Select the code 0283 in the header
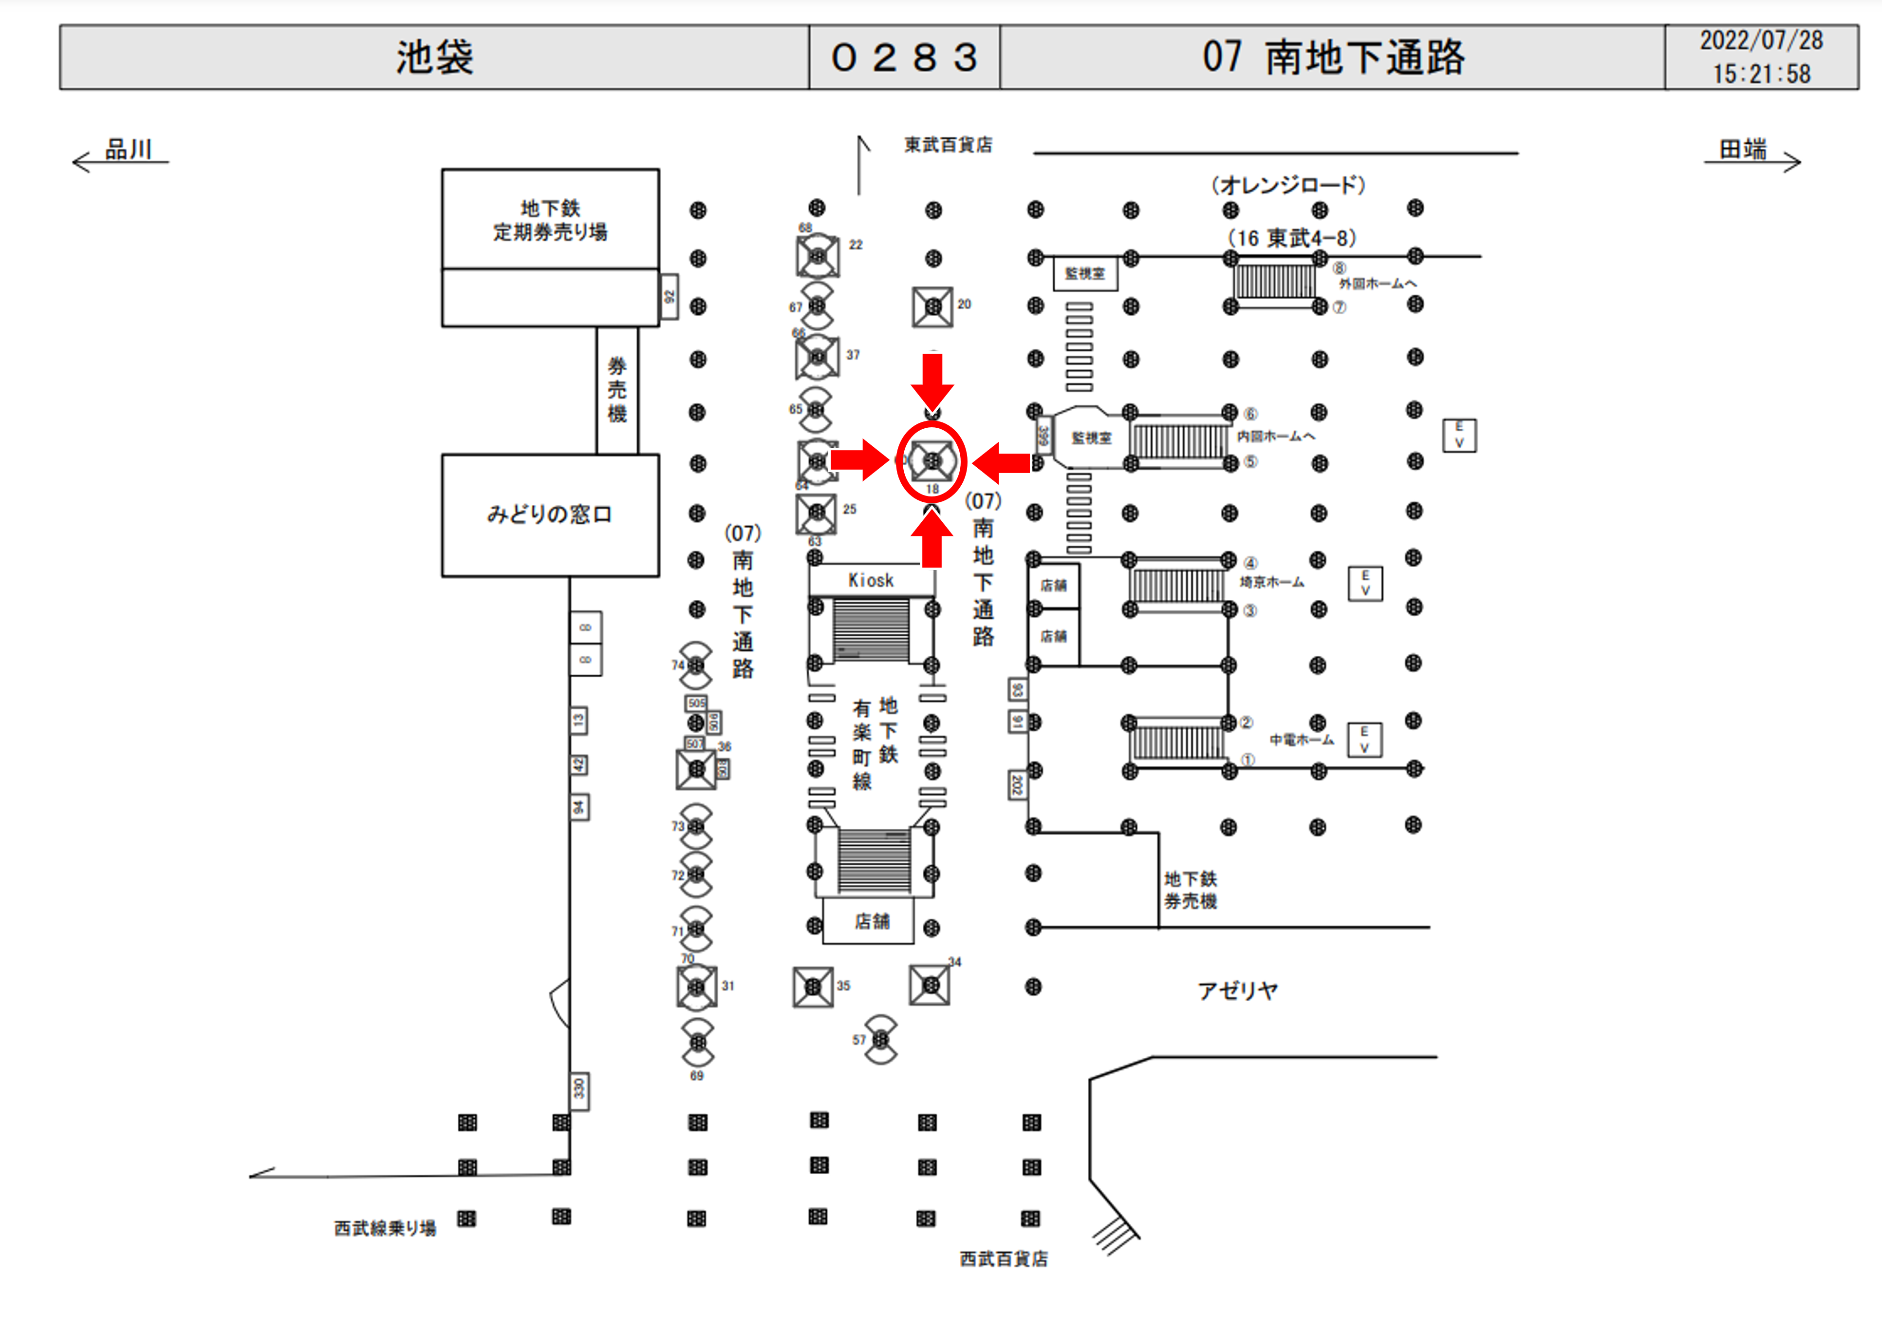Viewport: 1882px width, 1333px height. pyautogui.click(x=904, y=57)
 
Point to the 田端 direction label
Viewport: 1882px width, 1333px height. pyautogui.click(x=1743, y=150)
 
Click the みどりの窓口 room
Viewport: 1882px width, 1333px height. pyautogui.click(x=550, y=514)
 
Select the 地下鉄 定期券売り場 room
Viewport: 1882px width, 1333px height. pyautogui.click(x=550, y=220)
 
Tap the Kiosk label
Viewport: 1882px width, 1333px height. pyautogui.click(x=871, y=580)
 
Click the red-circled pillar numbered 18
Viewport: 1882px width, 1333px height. pyautogui.click(x=932, y=461)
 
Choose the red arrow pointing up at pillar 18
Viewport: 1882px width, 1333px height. pyautogui.click(x=932, y=539)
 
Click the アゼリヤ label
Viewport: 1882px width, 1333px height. pyautogui.click(x=1237, y=990)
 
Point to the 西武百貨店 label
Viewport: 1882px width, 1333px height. pyautogui.click(x=1004, y=1258)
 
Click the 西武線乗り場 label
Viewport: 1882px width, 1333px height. pyautogui.click(x=385, y=1228)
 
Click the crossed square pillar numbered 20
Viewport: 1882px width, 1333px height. pyautogui.click(x=933, y=307)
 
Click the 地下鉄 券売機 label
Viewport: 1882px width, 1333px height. pyautogui.click(x=1191, y=890)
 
